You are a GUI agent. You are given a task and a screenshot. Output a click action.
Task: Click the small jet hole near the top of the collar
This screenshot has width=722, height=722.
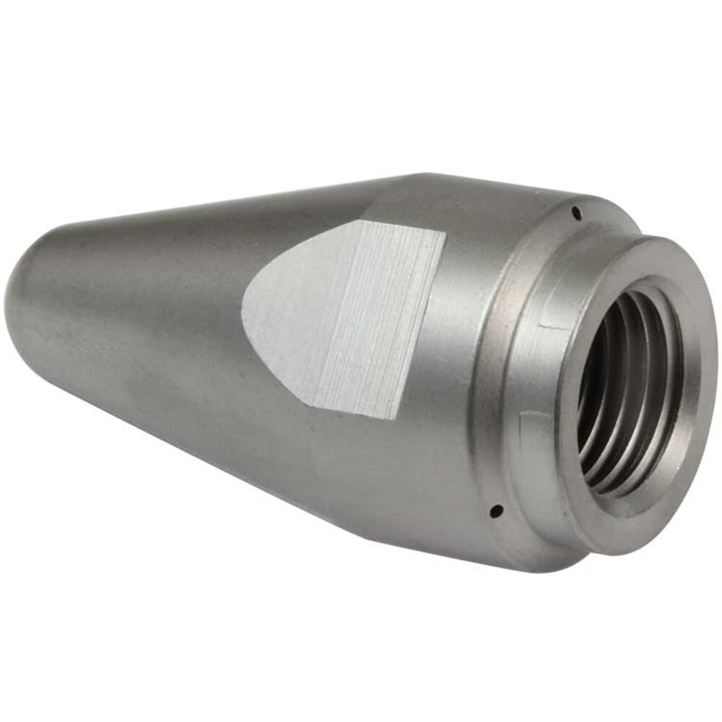[575, 212]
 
